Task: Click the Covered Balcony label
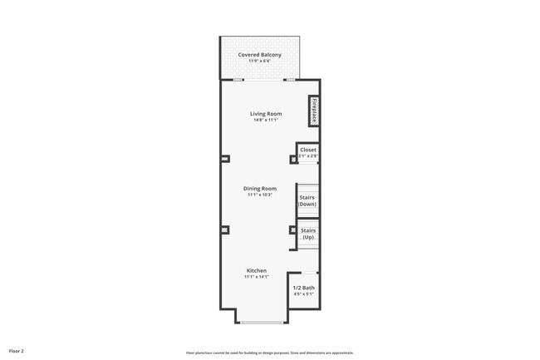click(259, 55)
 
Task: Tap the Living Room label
click(266, 114)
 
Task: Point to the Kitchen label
click(256, 270)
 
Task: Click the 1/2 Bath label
click(303, 288)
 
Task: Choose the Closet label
click(308, 150)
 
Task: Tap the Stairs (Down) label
click(307, 200)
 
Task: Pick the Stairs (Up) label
click(308, 234)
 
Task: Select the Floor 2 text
click(17, 352)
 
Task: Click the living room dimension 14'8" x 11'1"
click(266, 121)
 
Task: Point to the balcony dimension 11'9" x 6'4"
click(259, 62)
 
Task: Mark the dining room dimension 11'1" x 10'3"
click(259, 195)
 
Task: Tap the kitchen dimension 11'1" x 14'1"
click(256, 277)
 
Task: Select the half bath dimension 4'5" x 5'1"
click(303, 294)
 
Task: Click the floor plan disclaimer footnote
click(270, 353)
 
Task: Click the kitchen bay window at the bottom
click(262, 322)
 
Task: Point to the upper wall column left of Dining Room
click(224, 159)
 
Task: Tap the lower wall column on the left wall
click(224, 229)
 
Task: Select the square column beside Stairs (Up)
click(292, 230)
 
